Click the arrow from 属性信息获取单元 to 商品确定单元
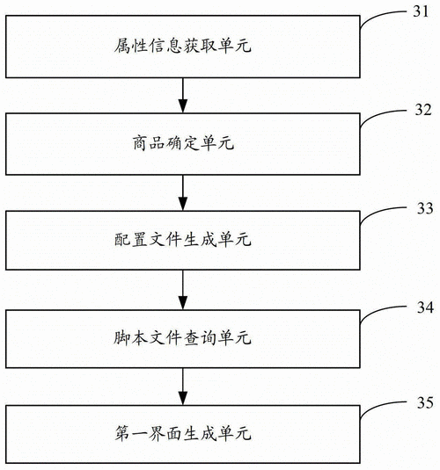(x=183, y=92)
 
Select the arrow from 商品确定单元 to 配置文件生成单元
(x=183, y=189)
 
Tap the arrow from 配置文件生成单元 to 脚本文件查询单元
(x=183, y=286)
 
